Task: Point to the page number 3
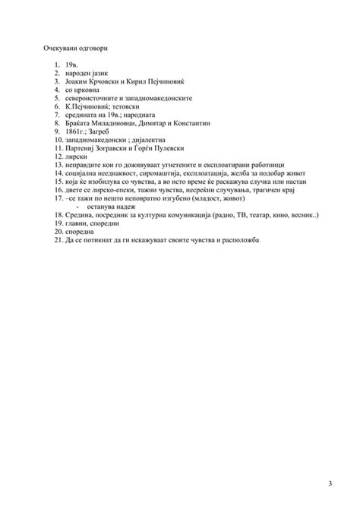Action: pos(330,485)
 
